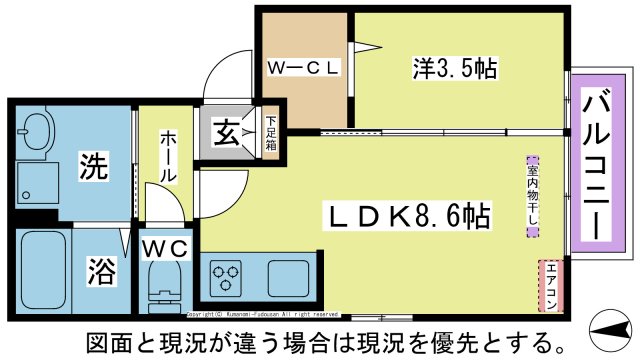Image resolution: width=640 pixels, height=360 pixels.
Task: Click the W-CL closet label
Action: [304, 68]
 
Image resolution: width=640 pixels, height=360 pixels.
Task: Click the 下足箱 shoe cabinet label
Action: [270, 129]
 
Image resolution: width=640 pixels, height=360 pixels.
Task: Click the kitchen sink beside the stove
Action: [287, 273]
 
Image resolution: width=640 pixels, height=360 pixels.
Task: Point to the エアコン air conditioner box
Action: [548, 285]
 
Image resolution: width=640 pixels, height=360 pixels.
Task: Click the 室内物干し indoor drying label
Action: [532, 196]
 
